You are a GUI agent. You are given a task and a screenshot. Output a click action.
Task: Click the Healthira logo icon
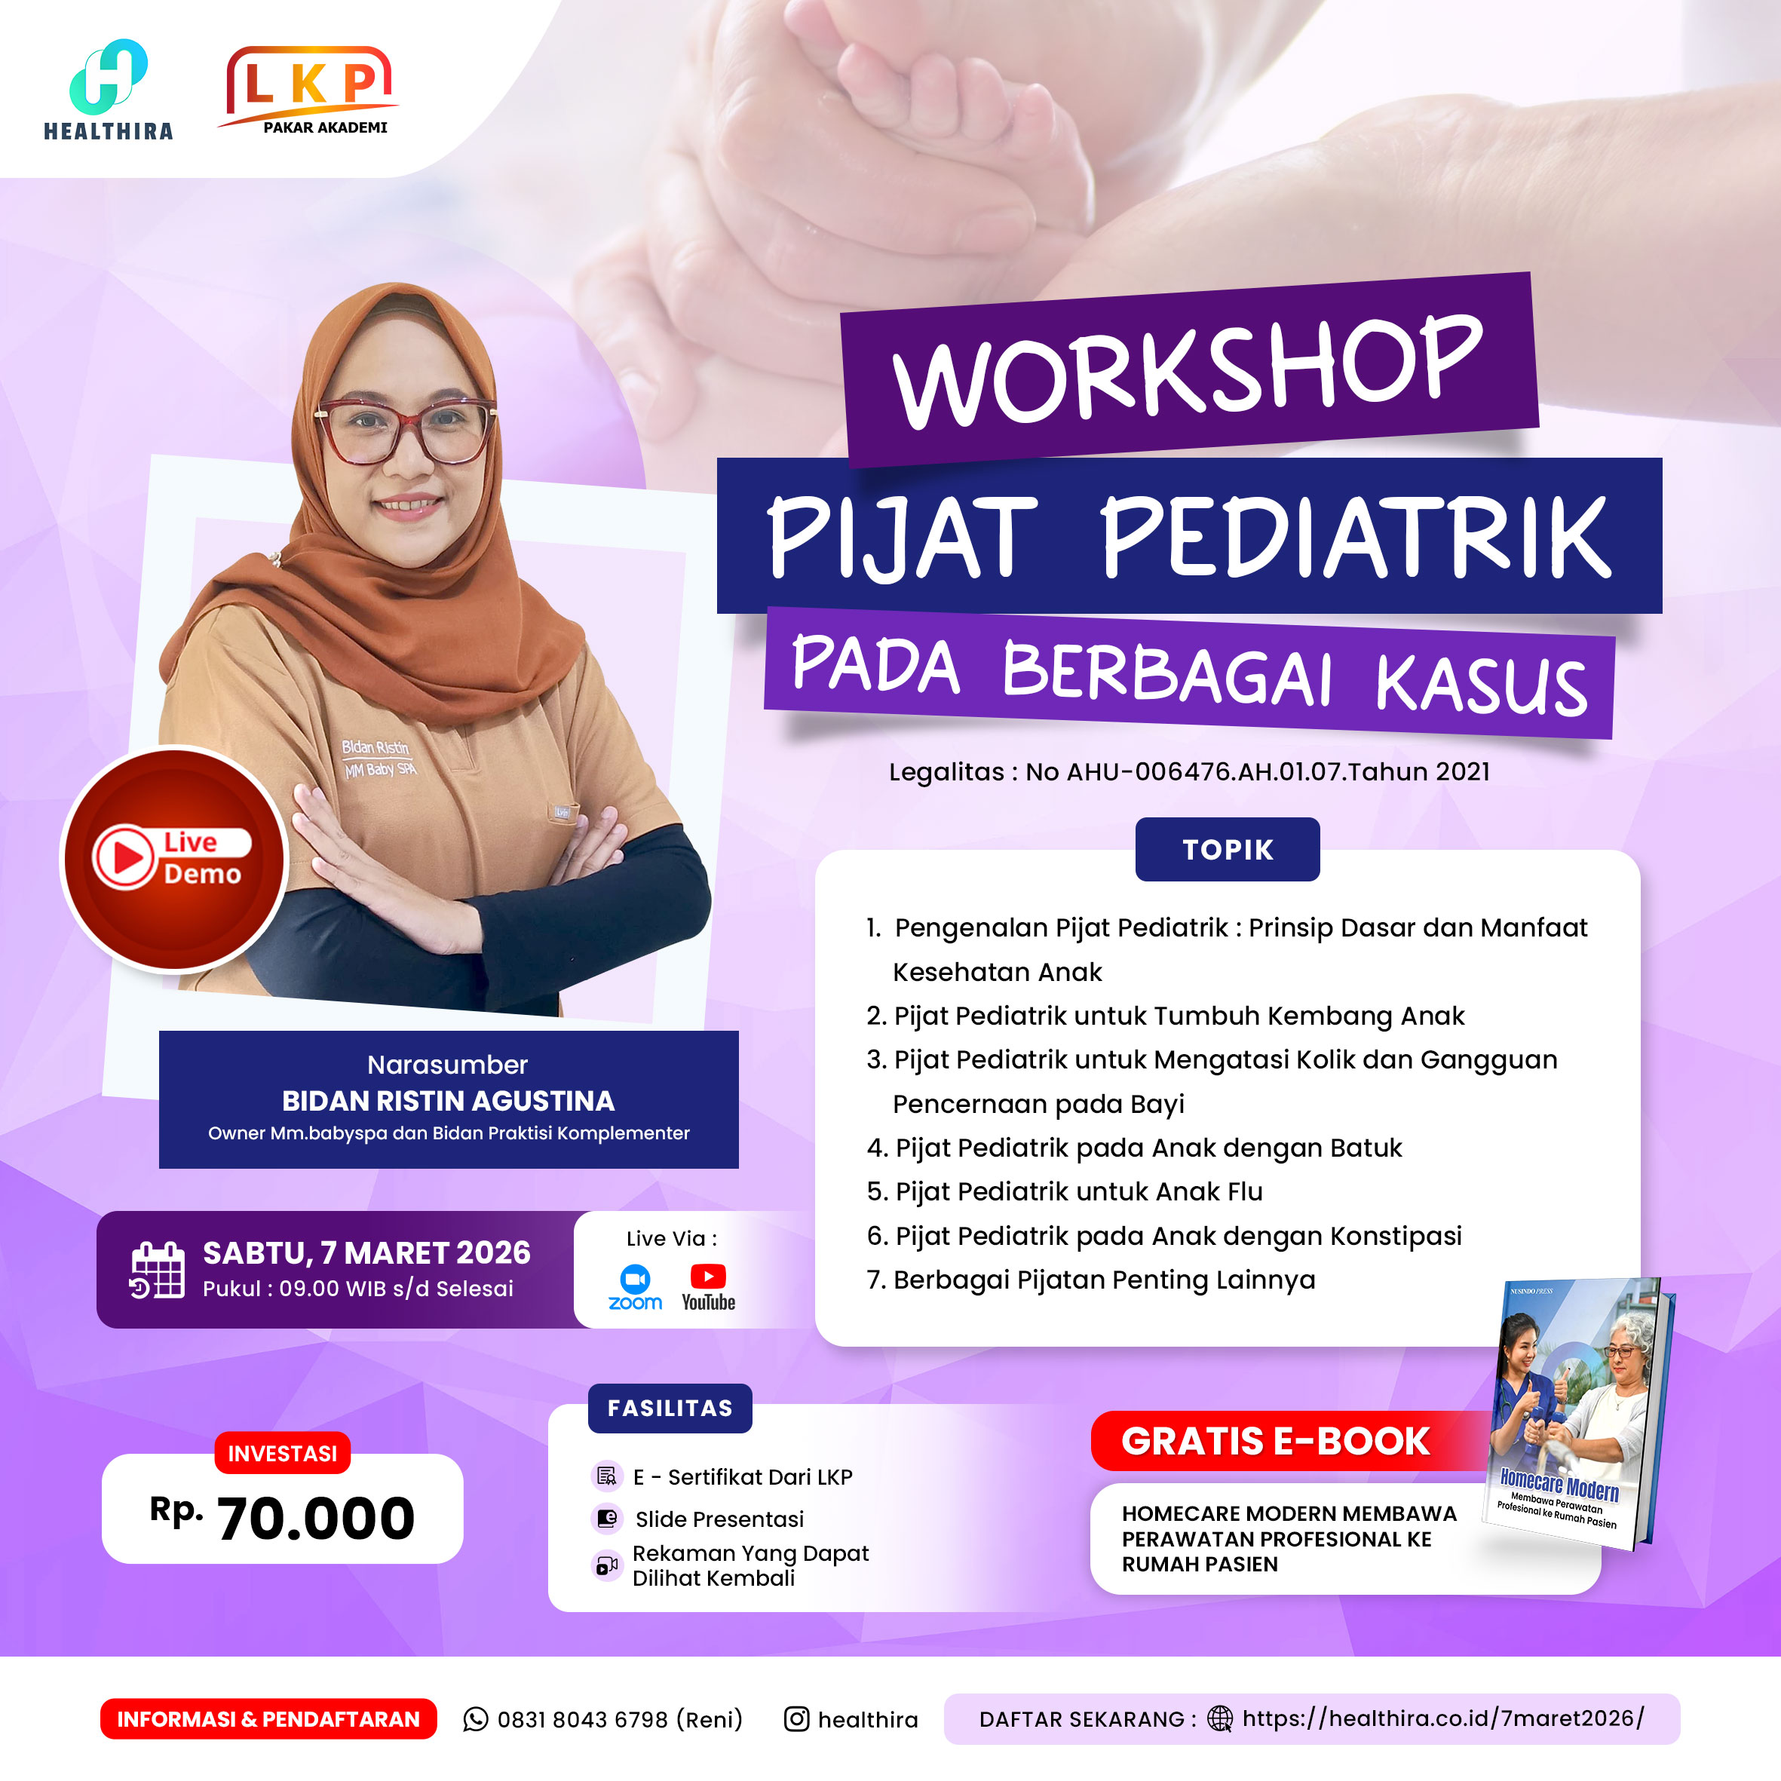(x=108, y=75)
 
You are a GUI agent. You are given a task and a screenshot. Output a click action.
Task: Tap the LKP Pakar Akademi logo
(x=308, y=90)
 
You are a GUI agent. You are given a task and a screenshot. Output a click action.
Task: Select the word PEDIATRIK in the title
(x=1356, y=537)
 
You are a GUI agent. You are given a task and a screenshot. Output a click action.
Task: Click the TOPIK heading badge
(x=1227, y=849)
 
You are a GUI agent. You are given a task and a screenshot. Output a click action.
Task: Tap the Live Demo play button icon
(x=124, y=857)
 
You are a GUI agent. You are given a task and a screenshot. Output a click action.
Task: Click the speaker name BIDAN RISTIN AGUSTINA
(x=448, y=1101)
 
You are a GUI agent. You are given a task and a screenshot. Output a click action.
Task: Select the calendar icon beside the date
(x=157, y=1271)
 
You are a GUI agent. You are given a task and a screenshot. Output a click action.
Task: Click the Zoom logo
(x=635, y=1287)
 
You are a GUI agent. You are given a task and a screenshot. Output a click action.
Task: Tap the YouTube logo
(x=708, y=1287)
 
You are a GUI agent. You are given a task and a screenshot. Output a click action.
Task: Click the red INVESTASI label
(x=282, y=1454)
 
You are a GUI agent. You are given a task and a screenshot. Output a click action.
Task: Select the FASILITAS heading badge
(x=670, y=1408)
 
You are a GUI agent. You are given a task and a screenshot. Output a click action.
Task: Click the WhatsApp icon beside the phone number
(x=476, y=1719)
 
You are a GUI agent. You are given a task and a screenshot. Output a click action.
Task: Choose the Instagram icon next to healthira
(x=796, y=1719)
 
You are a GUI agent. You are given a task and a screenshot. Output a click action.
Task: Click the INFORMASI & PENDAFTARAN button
(x=268, y=1719)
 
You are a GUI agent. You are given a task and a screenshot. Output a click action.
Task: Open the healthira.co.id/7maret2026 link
(x=1442, y=1718)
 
